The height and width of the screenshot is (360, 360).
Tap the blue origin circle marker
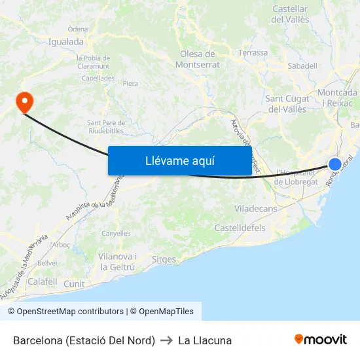click(x=334, y=164)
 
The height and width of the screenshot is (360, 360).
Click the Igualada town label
click(x=66, y=42)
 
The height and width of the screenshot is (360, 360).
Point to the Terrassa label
click(x=253, y=52)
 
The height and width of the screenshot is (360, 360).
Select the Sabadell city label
click(x=302, y=66)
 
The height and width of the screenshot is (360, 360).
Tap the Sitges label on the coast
click(x=164, y=259)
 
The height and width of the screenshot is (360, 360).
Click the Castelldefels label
click(x=240, y=228)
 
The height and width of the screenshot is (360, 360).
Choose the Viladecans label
click(x=256, y=208)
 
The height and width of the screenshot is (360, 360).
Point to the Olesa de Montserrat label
click(x=197, y=60)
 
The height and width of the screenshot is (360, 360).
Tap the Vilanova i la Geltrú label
click(x=117, y=262)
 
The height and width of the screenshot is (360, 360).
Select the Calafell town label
click(x=43, y=281)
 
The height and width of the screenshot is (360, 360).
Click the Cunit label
click(x=74, y=284)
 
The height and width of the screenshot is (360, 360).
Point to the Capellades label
click(x=98, y=78)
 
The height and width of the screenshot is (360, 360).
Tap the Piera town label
click(x=130, y=83)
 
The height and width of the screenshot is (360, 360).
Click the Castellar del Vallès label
click(x=289, y=14)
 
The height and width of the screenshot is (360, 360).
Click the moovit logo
click(x=321, y=339)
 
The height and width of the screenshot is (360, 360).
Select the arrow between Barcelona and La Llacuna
click(x=166, y=340)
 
